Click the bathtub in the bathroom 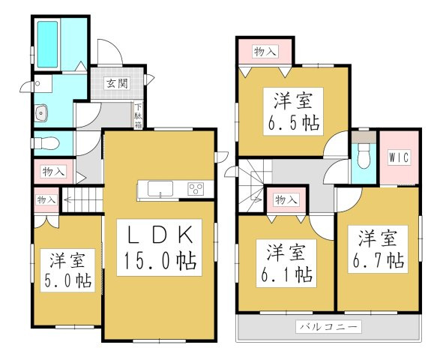(47, 44)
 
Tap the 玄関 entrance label (117, 83)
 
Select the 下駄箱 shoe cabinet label (138, 115)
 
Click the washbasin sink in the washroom (41, 113)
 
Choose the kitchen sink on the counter (160, 188)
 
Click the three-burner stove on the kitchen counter (196, 188)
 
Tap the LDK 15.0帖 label (160, 247)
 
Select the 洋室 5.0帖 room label (67, 271)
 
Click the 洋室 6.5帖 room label (293, 112)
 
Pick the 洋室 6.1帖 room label (286, 263)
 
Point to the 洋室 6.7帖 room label (378, 250)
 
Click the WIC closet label (399, 157)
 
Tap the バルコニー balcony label (328, 327)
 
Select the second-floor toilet (364, 156)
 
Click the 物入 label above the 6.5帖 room (265, 52)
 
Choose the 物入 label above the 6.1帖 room (286, 200)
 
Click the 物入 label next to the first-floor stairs (46, 199)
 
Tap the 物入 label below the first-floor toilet (54, 172)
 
